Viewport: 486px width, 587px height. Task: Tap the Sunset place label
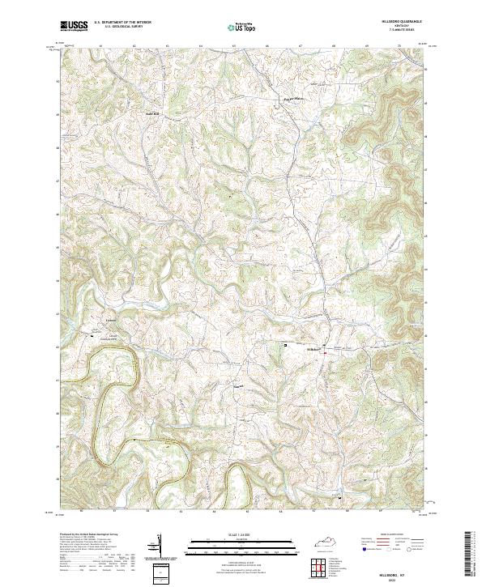point(239,386)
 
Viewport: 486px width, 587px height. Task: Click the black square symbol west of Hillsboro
point(285,345)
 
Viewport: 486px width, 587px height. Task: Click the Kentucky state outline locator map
point(332,542)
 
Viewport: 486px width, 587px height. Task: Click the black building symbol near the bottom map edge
point(339,496)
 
